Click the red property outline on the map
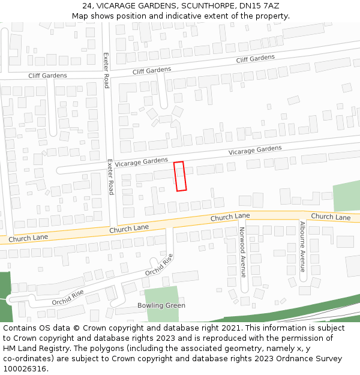(x=180, y=176)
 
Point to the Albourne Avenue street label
(x=302, y=247)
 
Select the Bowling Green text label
(x=161, y=305)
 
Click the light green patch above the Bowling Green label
(x=161, y=293)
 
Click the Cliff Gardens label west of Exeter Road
(x=47, y=76)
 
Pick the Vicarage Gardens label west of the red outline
(x=142, y=161)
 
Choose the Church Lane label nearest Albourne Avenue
(x=331, y=217)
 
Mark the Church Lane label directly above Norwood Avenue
(x=230, y=217)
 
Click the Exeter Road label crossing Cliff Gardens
(x=106, y=70)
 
